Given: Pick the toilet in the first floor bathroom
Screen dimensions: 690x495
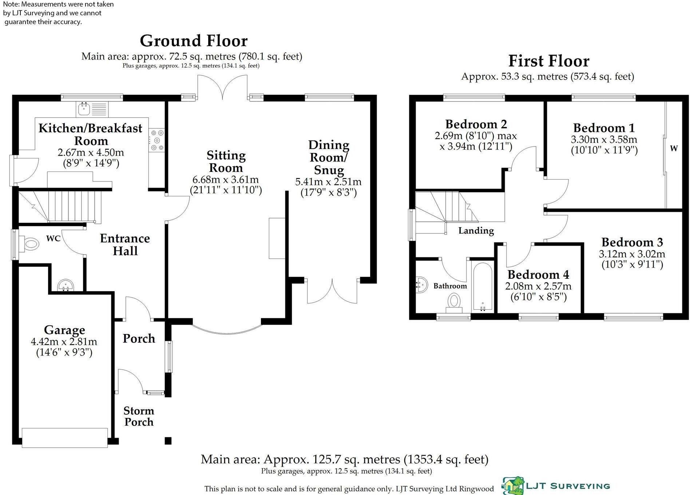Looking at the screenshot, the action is (x=454, y=303).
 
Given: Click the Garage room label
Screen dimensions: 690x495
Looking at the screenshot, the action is (x=64, y=330).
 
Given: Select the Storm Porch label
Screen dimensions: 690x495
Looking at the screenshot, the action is (x=139, y=416).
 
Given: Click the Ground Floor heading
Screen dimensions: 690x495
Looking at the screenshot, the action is (x=194, y=41).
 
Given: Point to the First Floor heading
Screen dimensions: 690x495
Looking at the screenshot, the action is (x=548, y=61).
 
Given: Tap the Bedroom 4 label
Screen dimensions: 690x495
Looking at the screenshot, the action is (x=538, y=274).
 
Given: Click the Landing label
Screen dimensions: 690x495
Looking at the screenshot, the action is (x=476, y=230).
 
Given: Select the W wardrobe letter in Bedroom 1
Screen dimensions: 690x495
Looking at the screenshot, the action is (x=674, y=148).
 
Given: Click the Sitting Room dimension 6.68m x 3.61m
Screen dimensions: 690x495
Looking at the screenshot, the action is (x=226, y=180).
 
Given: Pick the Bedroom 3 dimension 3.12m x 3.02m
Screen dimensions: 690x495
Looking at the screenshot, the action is (x=632, y=254).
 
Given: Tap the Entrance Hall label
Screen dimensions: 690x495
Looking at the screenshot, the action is (x=125, y=245).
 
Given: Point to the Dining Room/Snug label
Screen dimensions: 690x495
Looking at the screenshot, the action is (x=329, y=157).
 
